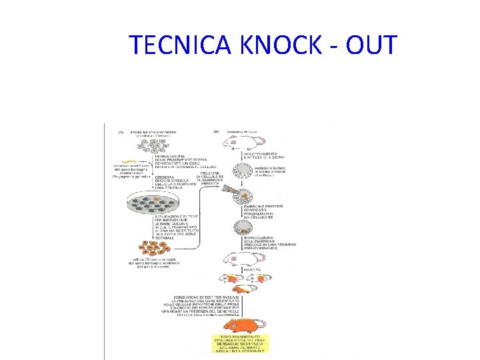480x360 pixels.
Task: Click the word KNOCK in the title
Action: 281,45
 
